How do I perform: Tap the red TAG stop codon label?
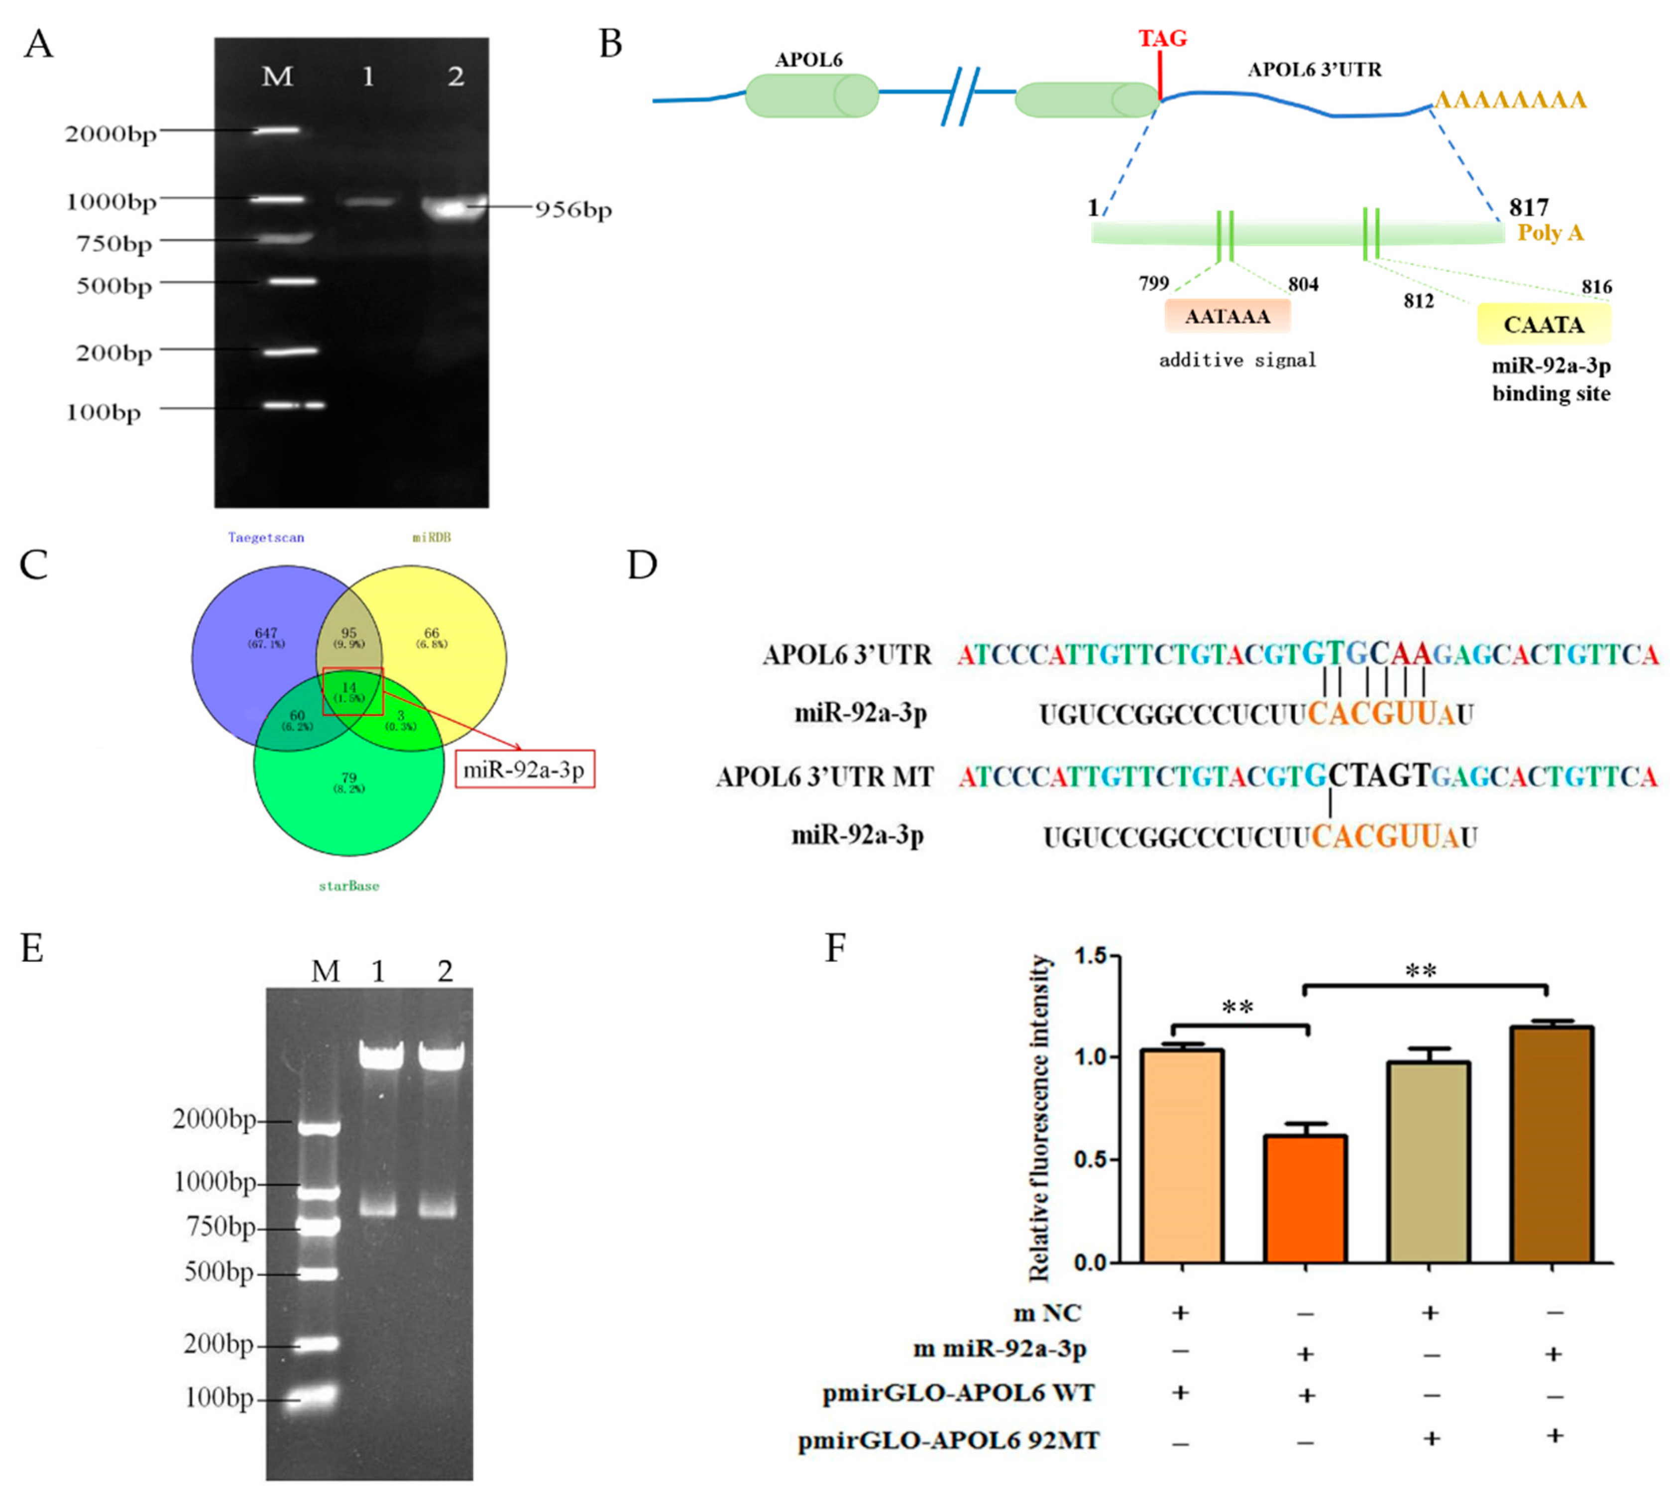pos(1162,39)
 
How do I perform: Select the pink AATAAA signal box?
pos(1227,316)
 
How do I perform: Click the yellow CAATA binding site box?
pos(1543,324)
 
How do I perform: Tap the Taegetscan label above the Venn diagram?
pos(266,537)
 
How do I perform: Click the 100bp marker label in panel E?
pos(219,1398)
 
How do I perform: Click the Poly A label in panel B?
pos(1551,232)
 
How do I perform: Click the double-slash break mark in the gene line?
pos(960,97)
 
